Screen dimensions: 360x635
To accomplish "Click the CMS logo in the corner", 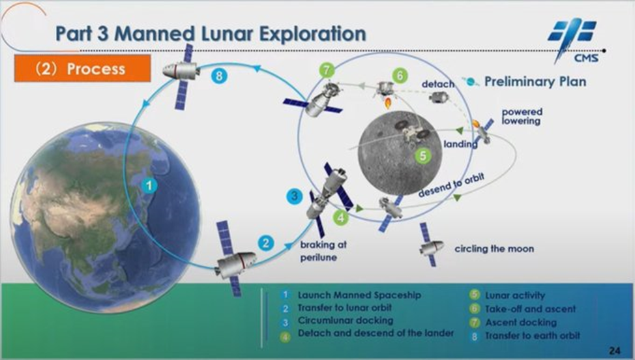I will click(572, 40).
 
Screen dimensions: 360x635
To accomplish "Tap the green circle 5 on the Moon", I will click(423, 155).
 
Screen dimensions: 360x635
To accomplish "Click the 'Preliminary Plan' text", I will click(535, 82).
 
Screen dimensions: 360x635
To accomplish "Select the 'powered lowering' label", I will click(522, 116).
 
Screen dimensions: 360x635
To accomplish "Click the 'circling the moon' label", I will click(494, 248).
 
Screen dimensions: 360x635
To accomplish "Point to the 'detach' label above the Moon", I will click(437, 84).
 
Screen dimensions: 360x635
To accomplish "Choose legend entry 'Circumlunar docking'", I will click(346, 321).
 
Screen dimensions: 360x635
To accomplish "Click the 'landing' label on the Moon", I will click(461, 144).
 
